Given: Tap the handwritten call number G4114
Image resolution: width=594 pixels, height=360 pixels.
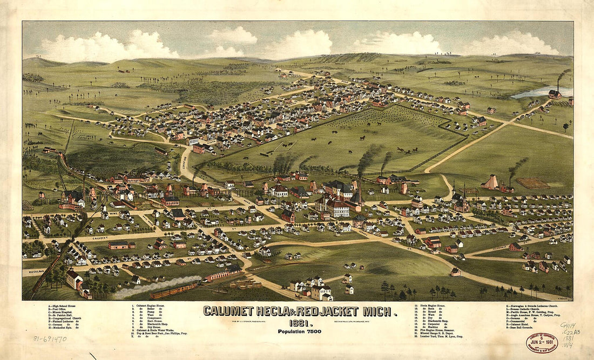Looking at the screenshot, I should pos(567,325).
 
